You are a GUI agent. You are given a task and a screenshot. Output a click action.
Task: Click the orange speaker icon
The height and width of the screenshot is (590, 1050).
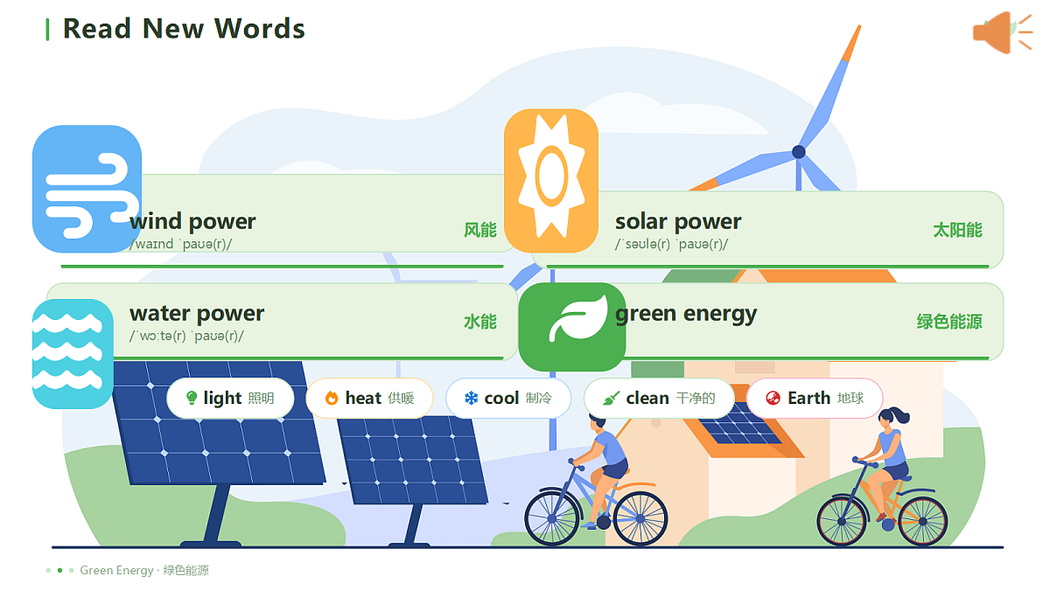(x=1002, y=32)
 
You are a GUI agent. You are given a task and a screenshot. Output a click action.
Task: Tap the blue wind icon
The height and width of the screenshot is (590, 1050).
(x=87, y=189)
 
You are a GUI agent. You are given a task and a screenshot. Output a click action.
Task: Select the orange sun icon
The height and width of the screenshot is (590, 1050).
(x=551, y=181)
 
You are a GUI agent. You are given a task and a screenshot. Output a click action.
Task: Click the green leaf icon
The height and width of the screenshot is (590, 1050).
(x=572, y=326)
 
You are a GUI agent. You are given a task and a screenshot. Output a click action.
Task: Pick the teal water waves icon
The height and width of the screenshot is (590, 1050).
(x=73, y=353)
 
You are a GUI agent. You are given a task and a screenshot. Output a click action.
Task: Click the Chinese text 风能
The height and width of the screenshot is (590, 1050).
(x=480, y=230)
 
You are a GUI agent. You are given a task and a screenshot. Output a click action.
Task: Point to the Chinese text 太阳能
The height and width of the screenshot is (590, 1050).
(x=957, y=230)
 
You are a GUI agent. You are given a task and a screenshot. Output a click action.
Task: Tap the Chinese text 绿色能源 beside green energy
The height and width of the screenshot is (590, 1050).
(x=949, y=322)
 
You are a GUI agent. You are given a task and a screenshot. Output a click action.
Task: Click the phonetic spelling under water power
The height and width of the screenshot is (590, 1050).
(x=186, y=336)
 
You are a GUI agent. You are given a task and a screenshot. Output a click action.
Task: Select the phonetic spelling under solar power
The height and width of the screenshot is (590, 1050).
(x=671, y=244)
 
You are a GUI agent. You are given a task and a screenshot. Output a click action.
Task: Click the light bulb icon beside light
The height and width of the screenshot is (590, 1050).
(x=192, y=398)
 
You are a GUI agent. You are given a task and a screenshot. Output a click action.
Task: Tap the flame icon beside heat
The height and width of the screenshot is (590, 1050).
(x=332, y=398)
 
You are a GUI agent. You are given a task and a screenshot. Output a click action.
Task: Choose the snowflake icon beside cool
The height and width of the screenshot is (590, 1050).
(x=471, y=398)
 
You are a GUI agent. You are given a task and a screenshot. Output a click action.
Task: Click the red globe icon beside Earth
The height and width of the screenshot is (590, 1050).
(x=773, y=398)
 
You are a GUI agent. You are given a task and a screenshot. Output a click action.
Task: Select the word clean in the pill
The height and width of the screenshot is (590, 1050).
(x=647, y=398)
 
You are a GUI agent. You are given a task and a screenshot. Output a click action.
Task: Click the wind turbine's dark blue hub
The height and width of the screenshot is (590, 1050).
(x=799, y=152)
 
